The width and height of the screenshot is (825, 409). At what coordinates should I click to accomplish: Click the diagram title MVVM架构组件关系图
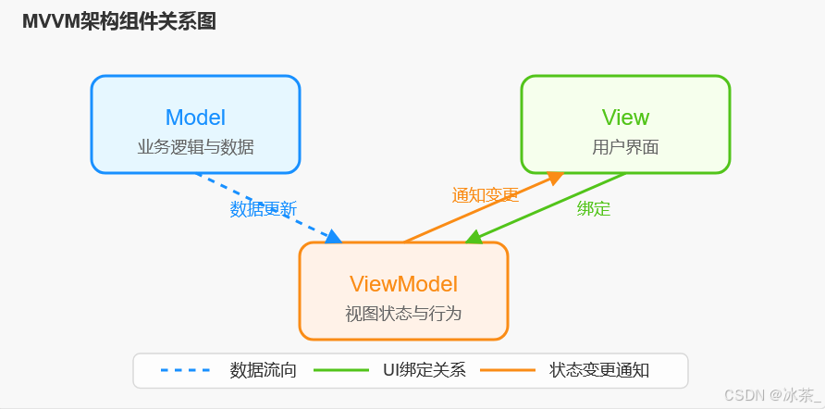(119, 22)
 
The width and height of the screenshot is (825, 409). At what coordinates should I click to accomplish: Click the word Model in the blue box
(195, 118)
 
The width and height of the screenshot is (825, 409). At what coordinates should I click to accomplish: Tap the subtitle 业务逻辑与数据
(195, 147)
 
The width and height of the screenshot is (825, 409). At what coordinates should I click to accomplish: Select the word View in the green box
(625, 118)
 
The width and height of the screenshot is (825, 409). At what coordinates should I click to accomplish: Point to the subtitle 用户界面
(625, 147)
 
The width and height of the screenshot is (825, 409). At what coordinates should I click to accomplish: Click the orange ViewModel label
(403, 284)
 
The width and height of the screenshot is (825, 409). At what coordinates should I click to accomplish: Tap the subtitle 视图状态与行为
(403, 314)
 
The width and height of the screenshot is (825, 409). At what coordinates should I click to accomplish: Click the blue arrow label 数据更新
(264, 209)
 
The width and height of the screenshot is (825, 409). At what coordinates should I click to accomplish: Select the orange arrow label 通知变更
(485, 195)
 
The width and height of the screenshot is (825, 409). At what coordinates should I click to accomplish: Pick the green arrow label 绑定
(594, 209)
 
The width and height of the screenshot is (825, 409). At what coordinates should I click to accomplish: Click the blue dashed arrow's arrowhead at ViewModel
(333, 238)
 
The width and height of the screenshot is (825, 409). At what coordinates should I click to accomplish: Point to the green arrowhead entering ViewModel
(474, 239)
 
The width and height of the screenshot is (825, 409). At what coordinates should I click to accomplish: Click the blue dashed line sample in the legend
(185, 370)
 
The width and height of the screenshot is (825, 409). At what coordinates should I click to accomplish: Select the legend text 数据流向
(264, 370)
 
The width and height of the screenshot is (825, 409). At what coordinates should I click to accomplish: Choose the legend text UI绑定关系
(424, 370)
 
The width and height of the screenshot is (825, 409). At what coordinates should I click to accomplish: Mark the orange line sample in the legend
(507, 370)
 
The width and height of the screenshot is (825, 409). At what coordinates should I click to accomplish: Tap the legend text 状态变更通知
(599, 370)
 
